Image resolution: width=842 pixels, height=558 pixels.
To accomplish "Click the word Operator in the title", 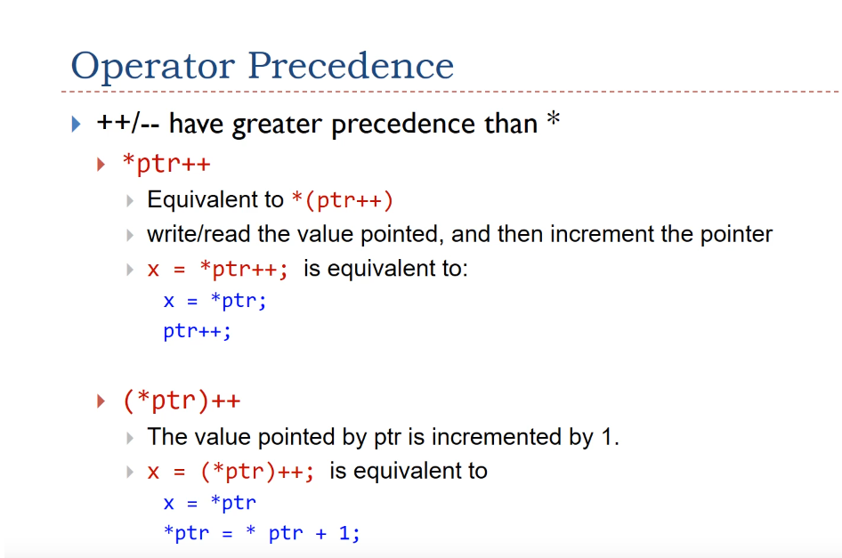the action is (153, 67).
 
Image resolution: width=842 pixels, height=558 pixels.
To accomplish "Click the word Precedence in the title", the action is (351, 66).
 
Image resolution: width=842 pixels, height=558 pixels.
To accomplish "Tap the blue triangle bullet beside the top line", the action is (77, 124).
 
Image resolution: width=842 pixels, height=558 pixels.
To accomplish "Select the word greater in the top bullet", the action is (278, 125).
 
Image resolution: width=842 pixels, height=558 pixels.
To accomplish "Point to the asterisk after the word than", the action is (553, 119).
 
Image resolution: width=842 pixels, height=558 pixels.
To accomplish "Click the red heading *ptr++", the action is (166, 163).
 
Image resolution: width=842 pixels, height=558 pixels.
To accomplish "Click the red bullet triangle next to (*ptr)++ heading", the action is (101, 400).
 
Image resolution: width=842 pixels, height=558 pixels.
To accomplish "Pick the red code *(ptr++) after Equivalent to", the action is (343, 200).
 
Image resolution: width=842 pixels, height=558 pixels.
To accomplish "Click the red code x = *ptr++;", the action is (217, 269).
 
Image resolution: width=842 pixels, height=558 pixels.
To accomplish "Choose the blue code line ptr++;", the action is (197, 331).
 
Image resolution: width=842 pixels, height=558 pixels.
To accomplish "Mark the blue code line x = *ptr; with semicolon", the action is (215, 301).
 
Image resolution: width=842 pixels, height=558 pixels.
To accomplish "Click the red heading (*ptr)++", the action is (182, 400).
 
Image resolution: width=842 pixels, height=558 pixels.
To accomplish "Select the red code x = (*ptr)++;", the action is (231, 472).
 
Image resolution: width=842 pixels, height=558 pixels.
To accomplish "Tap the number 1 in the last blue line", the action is (345, 533).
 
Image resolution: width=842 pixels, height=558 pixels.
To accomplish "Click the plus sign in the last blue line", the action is (321, 534).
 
